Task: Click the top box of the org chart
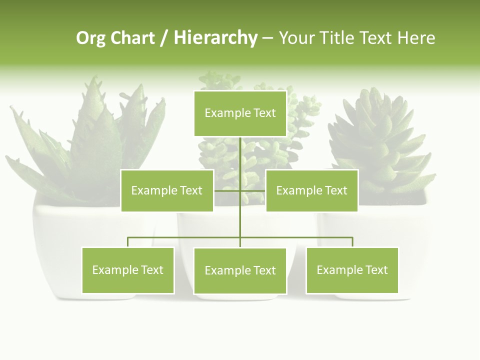(240, 113)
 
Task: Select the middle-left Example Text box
(167, 190)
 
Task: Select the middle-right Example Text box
(311, 190)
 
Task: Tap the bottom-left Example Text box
(128, 270)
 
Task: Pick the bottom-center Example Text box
(240, 271)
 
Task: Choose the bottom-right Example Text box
(352, 270)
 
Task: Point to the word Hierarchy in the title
(215, 38)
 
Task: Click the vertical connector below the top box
(240, 155)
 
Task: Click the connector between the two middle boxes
(240, 190)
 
